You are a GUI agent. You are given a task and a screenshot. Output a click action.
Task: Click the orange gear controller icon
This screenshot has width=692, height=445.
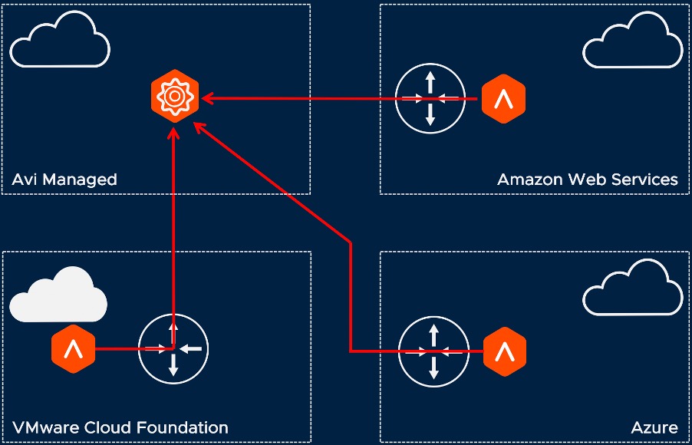tap(175, 98)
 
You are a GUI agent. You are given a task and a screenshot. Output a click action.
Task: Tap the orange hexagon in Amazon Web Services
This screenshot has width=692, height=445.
tap(503, 98)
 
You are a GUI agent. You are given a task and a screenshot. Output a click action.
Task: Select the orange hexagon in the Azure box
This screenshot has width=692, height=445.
tap(504, 351)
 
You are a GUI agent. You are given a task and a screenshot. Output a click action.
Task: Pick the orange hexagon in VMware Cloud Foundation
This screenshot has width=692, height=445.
tap(73, 350)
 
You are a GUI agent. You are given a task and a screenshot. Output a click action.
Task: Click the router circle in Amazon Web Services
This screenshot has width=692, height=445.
tap(430, 98)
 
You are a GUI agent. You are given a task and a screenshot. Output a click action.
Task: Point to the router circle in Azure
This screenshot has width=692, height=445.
tap(434, 351)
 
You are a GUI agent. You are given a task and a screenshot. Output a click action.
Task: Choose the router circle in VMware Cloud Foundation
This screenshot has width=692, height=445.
tap(173, 350)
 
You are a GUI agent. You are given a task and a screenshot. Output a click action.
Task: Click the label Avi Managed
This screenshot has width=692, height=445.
tap(64, 180)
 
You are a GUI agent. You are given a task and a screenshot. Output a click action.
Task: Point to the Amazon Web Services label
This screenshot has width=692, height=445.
tap(587, 180)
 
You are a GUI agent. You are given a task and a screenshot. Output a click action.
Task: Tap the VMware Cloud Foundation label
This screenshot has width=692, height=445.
tap(120, 427)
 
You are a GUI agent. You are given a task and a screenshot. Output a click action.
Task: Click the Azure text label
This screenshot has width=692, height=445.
tap(654, 427)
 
